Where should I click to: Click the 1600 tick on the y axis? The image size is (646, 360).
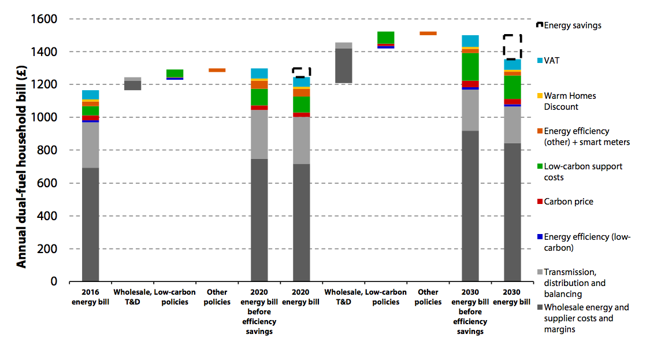(x=43, y=20)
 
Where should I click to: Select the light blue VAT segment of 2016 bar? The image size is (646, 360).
(x=90, y=95)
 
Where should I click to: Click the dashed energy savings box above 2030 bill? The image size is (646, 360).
(x=512, y=47)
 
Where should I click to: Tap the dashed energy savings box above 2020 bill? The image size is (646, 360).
(x=301, y=72)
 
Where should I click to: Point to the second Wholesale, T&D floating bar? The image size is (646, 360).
(x=343, y=65)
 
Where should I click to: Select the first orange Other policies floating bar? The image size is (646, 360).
(x=217, y=70)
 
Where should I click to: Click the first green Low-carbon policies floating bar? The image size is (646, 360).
(x=175, y=73)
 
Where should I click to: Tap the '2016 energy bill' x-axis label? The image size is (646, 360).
(x=90, y=297)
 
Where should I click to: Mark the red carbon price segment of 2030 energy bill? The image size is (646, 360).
(x=512, y=102)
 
